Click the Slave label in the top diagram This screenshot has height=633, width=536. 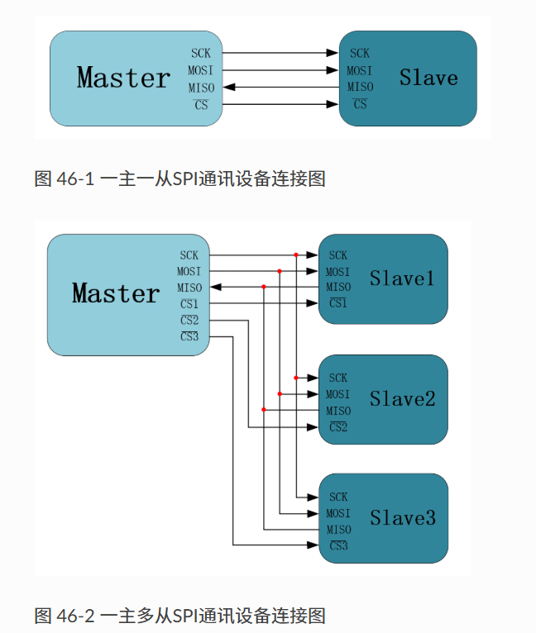pyautogui.click(x=428, y=79)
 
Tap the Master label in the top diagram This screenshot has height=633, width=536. pyautogui.click(x=123, y=78)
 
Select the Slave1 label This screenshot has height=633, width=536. pyautogui.click(x=401, y=278)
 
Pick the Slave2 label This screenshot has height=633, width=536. pyautogui.click(x=402, y=399)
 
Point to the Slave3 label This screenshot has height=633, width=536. pyautogui.click(x=402, y=518)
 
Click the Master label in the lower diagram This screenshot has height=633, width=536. pyautogui.click(x=116, y=293)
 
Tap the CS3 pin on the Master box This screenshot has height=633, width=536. pyautogui.click(x=189, y=336)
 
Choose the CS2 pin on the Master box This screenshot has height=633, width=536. pyautogui.click(x=189, y=320)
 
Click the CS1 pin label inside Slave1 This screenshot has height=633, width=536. pyautogui.click(x=338, y=303)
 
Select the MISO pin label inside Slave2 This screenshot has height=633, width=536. pyautogui.click(x=338, y=411)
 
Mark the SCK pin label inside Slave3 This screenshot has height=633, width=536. pyautogui.click(x=338, y=497)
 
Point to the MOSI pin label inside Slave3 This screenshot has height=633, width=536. pyautogui.click(x=338, y=513)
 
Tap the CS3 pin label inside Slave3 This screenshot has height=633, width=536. pyautogui.click(x=338, y=545)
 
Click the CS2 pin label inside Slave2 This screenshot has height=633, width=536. pyautogui.click(x=338, y=426)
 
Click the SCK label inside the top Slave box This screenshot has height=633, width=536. pyautogui.click(x=360, y=54)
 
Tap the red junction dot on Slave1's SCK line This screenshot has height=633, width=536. pyautogui.click(x=295, y=255)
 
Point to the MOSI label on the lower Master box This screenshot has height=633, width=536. pyautogui.click(x=189, y=271)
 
